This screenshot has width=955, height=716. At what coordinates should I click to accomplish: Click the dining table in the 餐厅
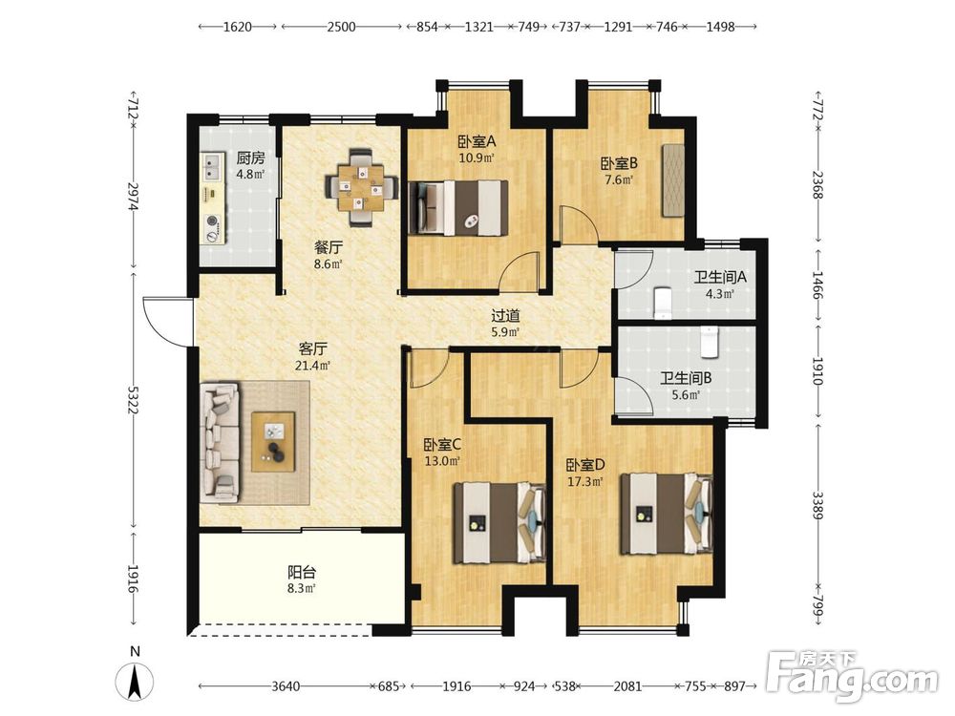362,187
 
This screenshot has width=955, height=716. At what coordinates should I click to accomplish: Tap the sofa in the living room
220,443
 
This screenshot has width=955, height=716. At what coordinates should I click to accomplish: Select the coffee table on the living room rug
273,441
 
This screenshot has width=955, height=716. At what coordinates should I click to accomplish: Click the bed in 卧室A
458,207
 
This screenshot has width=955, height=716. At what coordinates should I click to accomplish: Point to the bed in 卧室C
499,522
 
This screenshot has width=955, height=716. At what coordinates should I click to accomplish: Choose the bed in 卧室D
667,514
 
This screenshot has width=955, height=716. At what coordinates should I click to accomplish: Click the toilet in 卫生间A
662,303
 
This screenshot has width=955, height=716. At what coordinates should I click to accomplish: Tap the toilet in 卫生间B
709,342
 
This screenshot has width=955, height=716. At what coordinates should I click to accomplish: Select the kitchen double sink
212,166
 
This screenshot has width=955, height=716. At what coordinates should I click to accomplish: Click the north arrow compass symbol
135,681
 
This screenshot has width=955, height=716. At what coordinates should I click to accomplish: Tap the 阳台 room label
302,572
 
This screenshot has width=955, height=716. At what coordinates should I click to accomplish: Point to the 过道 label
505,316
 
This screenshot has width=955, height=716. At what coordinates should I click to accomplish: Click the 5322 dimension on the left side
131,399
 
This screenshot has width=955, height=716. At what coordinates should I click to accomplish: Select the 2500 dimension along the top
341,27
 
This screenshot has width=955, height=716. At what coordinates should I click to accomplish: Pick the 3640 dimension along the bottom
285,686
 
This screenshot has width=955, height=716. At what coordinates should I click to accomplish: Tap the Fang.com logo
852,677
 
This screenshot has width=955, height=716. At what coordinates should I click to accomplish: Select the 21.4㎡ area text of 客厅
312,366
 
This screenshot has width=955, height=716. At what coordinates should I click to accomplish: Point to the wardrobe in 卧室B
672,180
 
